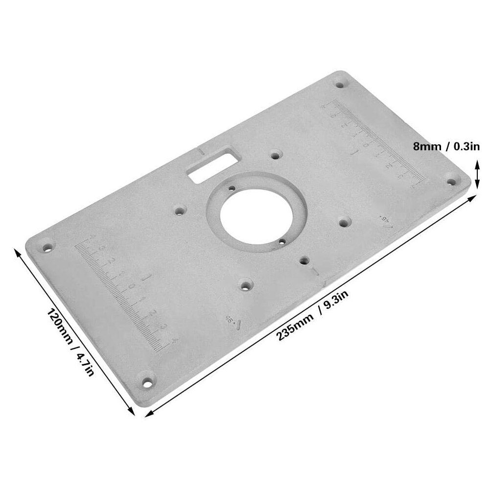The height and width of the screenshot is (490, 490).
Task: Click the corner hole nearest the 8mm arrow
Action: point(451,181)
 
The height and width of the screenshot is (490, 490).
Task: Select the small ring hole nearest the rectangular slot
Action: point(231,187)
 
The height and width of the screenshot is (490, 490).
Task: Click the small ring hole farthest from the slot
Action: point(282,240)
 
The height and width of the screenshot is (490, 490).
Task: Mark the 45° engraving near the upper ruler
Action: point(385,221)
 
